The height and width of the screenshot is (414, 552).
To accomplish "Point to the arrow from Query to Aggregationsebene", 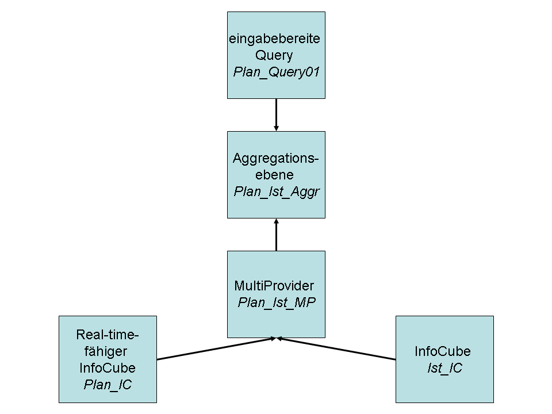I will [x=276, y=114].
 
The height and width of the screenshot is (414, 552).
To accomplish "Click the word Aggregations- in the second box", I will [x=276, y=158].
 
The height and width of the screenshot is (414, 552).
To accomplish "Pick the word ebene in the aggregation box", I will [x=274, y=175].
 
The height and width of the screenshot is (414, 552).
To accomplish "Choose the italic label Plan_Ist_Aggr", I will [x=276, y=191].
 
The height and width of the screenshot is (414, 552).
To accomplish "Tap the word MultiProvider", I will [x=274, y=286].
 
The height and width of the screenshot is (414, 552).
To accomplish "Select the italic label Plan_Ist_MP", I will [x=277, y=302].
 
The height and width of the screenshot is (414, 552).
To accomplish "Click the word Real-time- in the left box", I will [x=108, y=335].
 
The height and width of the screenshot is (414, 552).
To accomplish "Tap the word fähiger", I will [x=108, y=351].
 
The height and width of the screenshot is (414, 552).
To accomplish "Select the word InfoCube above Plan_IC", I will [x=108, y=368].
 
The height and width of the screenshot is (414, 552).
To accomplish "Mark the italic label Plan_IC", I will [x=108, y=385].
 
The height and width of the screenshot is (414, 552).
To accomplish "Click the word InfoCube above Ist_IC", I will [x=442, y=351].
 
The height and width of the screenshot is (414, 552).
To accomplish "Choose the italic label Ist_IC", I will [x=444, y=368].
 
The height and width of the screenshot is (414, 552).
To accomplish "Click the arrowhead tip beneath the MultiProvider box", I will [x=277, y=339].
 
